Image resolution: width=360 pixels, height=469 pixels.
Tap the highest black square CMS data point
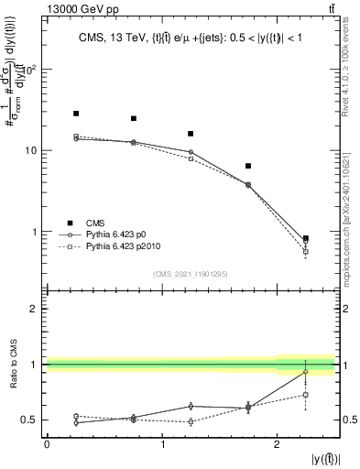tap(76, 114)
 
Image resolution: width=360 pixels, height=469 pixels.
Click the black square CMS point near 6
tap(248, 166)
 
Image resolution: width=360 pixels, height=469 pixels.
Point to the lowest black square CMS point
tap(306, 238)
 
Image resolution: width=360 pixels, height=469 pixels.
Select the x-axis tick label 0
tap(47, 443)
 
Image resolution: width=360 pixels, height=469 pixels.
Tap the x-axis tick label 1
tap(162, 443)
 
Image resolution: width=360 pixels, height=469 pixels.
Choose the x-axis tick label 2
tap(278, 443)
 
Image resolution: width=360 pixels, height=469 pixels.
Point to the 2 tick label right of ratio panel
tap(348, 309)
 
